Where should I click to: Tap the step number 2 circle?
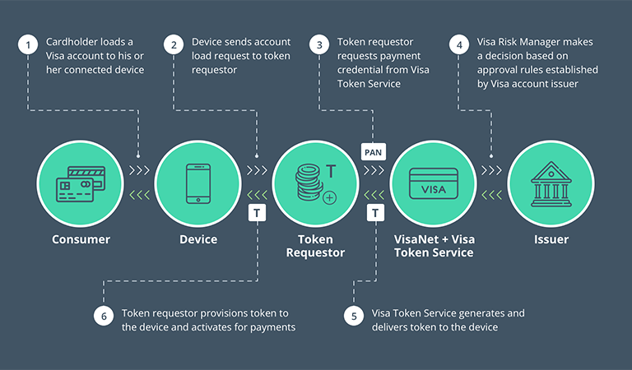174,46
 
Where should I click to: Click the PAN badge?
374,152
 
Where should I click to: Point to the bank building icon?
550,184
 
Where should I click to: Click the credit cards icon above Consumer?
80,184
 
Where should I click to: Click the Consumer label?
81,239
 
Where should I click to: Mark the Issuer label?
550,239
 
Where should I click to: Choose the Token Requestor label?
315,245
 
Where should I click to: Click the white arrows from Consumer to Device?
139,170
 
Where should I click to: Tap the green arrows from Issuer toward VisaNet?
491,195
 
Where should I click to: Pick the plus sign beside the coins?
330,198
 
